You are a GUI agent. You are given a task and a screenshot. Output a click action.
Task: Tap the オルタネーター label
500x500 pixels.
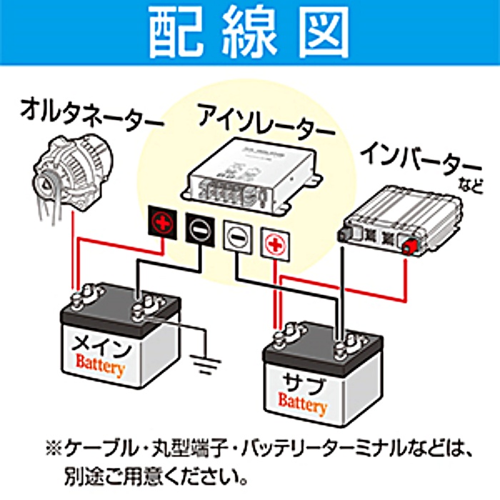90,115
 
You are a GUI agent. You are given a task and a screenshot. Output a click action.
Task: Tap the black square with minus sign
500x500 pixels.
200,229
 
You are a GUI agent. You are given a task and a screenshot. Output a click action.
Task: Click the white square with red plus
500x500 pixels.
274,243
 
